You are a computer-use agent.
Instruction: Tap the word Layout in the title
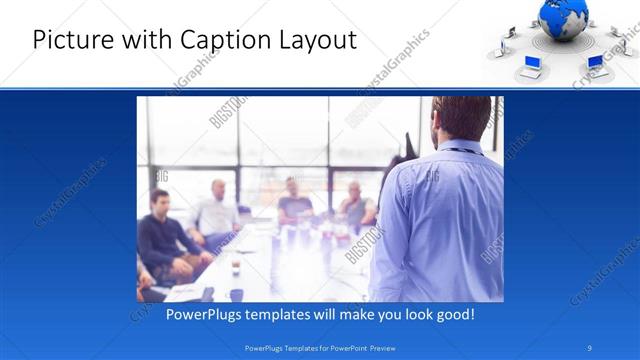pos(315,41)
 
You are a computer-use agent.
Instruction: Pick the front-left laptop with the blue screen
pos(532,67)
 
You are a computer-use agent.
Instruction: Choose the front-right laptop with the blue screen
pos(595,62)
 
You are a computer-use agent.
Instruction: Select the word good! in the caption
pos(453,314)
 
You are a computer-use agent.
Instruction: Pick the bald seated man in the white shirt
pos(218,210)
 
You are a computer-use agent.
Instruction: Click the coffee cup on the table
pos(235,267)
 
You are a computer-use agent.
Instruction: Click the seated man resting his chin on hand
pos(355,205)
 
